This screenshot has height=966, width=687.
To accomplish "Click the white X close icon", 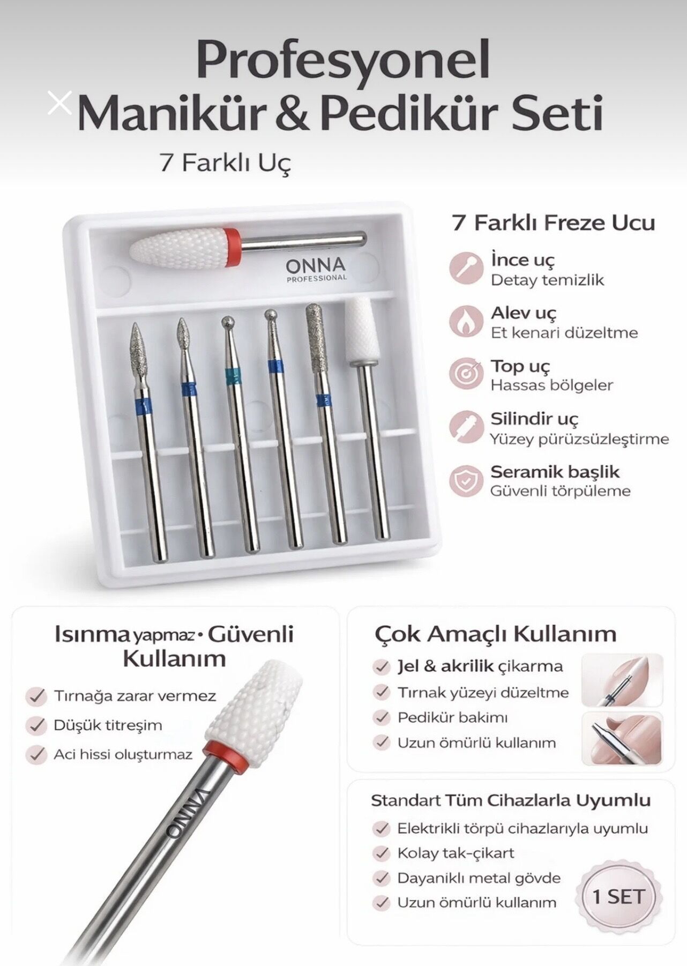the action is (x=59, y=103).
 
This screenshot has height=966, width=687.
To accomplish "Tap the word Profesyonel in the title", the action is (x=343, y=60).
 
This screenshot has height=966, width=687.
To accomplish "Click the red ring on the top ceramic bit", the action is (x=232, y=248).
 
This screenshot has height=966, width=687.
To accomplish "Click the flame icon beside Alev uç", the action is (x=465, y=321).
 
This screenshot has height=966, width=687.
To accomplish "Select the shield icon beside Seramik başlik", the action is (x=465, y=480).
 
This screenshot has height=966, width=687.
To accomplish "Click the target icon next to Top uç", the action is (x=465, y=374).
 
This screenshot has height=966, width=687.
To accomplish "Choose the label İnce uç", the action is (x=522, y=260).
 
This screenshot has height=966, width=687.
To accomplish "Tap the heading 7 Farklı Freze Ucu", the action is (x=554, y=222).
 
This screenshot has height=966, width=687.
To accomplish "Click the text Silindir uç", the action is (x=534, y=419).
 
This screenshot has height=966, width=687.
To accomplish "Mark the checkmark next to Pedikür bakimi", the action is (x=382, y=717).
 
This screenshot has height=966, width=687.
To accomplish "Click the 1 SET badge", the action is (x=618, y=896).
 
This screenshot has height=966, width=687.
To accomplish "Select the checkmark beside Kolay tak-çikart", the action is (x=382, y=853).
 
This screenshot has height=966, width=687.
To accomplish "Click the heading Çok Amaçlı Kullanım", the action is (x=495, y=634).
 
